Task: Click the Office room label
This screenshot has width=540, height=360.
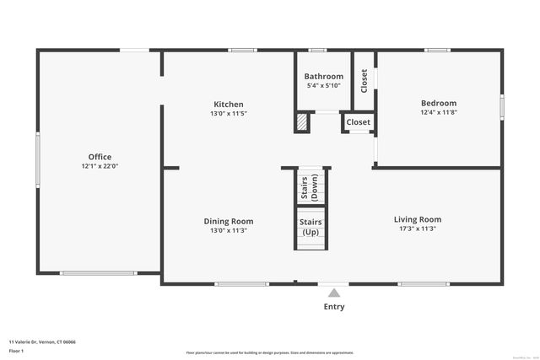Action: tap(100, 157)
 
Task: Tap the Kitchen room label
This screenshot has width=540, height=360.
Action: tap(229, 105)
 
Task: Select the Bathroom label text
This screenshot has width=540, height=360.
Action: tap(324, 77)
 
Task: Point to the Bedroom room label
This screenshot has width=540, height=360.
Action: tap(439, 104)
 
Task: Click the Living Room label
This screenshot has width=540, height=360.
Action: tap(418, 219)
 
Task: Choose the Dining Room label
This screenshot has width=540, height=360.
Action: tap(229, 221)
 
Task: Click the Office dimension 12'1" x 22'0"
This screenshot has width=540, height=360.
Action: tap(100, 166)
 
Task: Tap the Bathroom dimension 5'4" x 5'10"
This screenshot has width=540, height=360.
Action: tap(324, 85)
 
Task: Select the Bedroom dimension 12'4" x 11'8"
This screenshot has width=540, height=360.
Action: tap(439, 113)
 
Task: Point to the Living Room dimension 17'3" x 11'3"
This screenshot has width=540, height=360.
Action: tap(418, 228)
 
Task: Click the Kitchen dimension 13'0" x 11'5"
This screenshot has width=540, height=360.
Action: tap(229, 114)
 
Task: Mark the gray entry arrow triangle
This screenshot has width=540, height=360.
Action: tap(334, 293)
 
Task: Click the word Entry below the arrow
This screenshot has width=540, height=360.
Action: tap(334, 307)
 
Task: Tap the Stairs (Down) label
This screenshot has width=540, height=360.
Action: tap(309, 188)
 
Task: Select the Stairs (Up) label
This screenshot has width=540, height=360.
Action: tap(310, 227)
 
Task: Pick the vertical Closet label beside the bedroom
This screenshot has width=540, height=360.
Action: tap(364, 80)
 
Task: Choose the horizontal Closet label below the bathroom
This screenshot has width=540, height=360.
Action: tap(359, 122)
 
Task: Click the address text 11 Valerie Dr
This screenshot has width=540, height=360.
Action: tap(42, 342)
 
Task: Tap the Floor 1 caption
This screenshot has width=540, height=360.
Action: tap(17, 351)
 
